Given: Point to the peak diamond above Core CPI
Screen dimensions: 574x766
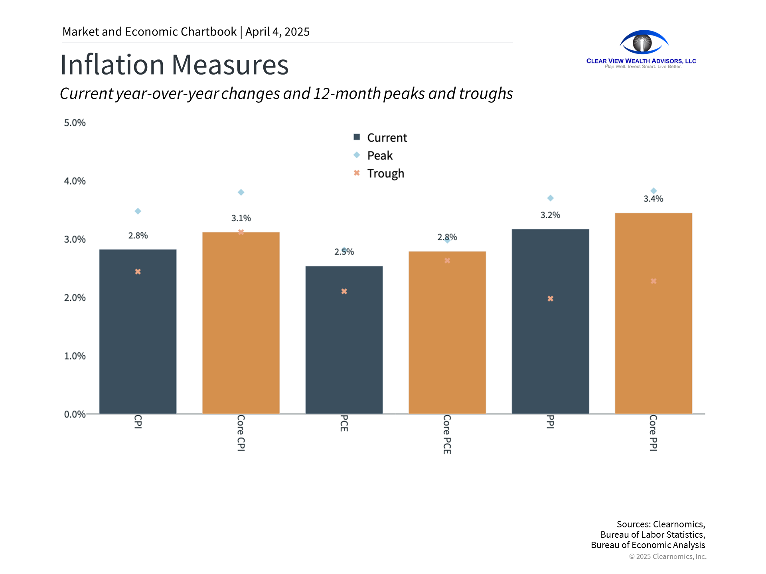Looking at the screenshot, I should [x=241, y=193].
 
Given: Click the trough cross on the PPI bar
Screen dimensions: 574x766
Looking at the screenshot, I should [x=550, y=299].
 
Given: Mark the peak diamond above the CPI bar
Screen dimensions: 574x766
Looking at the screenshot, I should [x=138, y=211].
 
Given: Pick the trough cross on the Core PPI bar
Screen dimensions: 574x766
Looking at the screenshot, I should [x=653, y=281].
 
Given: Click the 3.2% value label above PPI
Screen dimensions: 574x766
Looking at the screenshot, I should [x=550, y=215].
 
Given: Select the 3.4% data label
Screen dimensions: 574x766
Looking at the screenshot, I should [x=653, y=199].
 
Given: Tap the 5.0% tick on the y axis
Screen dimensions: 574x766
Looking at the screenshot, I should [x=75, y=123].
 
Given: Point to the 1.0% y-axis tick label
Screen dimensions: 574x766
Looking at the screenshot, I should [x=75, y=356].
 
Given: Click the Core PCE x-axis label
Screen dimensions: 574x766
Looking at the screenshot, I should [x=447, y=434].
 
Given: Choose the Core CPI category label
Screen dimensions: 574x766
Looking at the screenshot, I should [x=241, y=433].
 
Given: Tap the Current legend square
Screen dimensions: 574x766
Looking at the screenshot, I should [x=357, y=137].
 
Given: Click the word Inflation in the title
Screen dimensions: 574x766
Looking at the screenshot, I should [x=112, y=65].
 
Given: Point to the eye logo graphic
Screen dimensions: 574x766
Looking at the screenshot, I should [x=643, y=42].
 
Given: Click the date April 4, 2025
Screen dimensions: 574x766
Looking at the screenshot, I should [x=277, y=31].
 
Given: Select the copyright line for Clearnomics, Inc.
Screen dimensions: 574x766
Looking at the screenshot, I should [x=667, y=556].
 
